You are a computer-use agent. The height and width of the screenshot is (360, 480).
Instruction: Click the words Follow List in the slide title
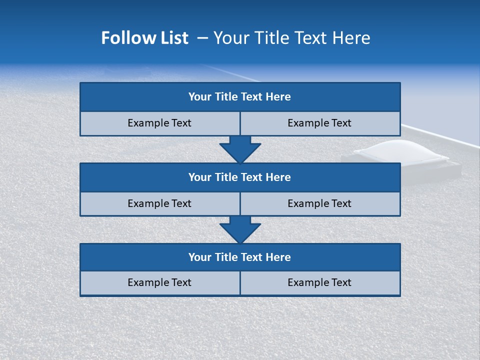pos(144,38)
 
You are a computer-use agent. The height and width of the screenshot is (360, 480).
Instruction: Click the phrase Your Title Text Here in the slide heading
pos(291,38)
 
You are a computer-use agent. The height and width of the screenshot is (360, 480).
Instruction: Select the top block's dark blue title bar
pos(240,97)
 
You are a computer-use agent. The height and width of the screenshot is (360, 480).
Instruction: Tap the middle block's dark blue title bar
pos(240,177)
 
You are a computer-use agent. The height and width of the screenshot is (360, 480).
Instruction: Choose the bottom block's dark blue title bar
pos(240,257)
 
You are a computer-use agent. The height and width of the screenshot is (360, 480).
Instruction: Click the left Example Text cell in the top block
pos(159,123)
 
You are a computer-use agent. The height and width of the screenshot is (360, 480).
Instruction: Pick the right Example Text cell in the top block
pos(319,123)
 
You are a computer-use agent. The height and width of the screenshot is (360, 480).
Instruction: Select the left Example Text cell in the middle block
pos(159,203)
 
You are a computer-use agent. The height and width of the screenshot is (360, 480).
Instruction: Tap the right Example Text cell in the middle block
pos(319,203)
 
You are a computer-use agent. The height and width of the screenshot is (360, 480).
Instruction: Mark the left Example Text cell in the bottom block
pos(159,282)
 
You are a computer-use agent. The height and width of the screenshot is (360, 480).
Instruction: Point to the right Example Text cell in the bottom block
pos(319,282)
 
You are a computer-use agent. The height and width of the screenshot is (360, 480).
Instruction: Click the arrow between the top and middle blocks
pos(240,148)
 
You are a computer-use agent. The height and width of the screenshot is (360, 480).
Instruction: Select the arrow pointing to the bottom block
pos(240,229)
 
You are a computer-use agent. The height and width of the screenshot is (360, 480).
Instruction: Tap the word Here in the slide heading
pos(352,38)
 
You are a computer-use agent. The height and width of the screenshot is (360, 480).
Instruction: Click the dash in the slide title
pos(202,38)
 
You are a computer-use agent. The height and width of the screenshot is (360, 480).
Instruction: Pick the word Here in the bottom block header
pos(278,257)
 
